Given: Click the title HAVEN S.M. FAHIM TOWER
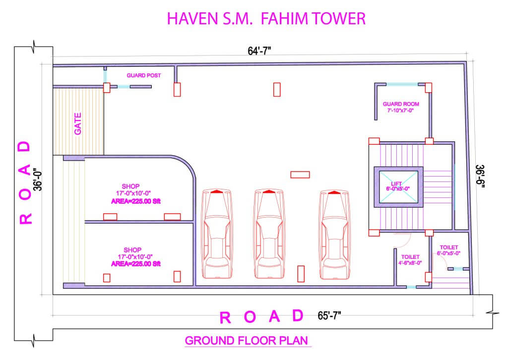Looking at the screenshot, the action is (266, 18).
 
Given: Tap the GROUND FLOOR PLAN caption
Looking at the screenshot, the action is (247, 341).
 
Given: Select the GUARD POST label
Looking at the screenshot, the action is (143, 75).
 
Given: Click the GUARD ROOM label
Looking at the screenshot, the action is (401, 104).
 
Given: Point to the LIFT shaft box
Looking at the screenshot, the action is (398, 187).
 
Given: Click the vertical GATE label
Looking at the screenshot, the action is (78, 123).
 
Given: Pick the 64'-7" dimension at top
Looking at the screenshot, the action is (259, 51).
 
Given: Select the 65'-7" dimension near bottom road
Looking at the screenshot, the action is (329, 316).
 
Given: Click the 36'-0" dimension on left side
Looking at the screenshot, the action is (38, 179).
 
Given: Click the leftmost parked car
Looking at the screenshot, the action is (217, 234).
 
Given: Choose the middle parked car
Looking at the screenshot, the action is (268, 234).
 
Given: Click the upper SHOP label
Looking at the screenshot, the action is (130, 186).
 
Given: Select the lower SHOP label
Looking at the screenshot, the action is (132, 250).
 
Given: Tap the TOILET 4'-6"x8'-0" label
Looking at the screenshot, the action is (410, 260).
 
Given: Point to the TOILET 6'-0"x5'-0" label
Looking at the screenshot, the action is (448, 250).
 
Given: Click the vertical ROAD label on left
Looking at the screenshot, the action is (25, 182).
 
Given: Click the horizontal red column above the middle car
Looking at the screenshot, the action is (300, 175).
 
